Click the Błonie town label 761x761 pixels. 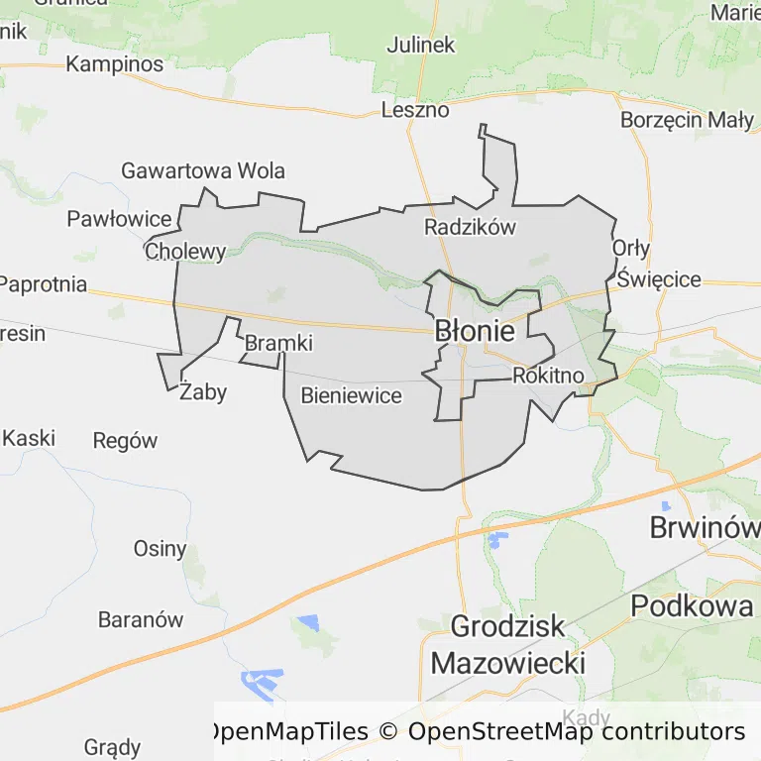point(475,332)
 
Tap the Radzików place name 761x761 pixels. point(470,227)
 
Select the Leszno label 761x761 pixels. point(415,110)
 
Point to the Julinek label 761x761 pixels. point(420,45)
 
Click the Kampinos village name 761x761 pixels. point(114,64)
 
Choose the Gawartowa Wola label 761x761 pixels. point(202,170)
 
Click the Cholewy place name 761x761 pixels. point(185,252)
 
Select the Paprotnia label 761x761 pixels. point(43,284)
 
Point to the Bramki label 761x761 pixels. point(278,344)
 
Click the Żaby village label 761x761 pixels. point(203,392)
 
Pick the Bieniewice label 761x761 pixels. point(351,396)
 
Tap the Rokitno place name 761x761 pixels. point(548,376)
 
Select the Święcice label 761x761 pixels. point(658,280)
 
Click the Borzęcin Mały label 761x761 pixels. point(687,120)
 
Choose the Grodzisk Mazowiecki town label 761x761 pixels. point(507,644)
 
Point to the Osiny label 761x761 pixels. point(160,549)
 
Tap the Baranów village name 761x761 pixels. point(141,620)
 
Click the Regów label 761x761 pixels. point(125,441)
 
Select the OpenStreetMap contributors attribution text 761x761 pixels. point(576,731)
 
